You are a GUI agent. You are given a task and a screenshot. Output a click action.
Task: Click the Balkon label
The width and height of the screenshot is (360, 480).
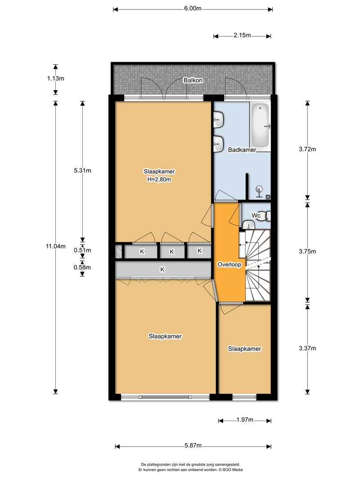193,80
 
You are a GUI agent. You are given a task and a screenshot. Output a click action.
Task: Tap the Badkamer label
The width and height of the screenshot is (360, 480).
242,150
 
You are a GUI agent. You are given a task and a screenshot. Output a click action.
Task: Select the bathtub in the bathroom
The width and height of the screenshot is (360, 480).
260,125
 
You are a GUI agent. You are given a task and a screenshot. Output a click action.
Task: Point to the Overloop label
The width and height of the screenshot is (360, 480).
229,265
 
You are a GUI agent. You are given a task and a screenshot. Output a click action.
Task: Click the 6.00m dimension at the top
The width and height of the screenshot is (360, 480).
193,9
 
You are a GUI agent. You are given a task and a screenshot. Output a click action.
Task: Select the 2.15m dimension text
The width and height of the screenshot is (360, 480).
242,35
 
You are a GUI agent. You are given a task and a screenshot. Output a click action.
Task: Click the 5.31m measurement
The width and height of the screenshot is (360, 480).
82,170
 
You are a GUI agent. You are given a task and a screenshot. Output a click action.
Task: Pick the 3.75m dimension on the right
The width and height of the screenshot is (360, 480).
307,251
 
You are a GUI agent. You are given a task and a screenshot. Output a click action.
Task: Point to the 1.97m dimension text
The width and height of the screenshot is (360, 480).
245,420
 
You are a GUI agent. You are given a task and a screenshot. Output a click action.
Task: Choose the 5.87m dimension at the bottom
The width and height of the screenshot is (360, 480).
193,445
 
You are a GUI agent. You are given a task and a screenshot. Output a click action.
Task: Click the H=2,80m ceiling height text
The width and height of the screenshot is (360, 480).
159,179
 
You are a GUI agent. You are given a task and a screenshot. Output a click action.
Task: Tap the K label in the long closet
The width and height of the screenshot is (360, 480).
162,269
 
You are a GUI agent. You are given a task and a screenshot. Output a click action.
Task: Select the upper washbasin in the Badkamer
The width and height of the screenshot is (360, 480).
219,119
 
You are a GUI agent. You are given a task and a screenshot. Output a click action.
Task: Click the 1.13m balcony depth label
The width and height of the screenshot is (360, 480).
55,78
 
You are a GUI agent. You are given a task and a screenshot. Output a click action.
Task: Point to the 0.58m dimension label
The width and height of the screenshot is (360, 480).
82,267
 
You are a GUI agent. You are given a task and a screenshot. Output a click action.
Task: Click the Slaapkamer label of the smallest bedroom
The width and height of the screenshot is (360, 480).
245,349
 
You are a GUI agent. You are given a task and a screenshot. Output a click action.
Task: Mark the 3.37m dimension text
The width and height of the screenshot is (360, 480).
307,348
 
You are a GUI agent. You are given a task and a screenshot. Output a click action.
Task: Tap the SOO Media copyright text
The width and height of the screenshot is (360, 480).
230,470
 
